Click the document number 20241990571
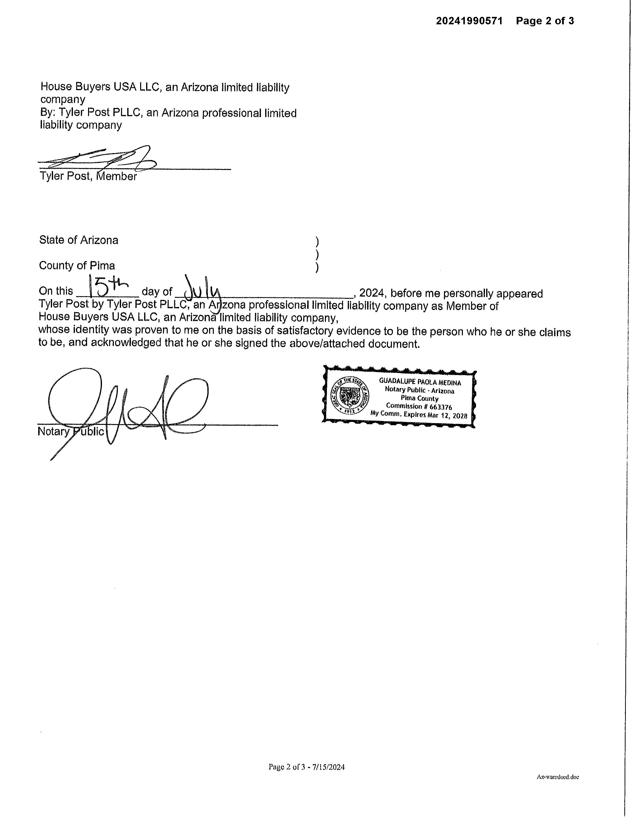coord(469,21)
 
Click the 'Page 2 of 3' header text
coord(545,21)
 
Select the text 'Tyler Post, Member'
coord(88,176)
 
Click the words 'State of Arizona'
coord(79,240)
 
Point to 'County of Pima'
coord(77,266)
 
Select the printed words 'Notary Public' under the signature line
coord(70,432)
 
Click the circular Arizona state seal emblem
coord(349,396)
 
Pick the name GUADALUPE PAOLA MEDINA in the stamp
coord(420,382)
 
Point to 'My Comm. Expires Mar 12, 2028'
coord(419,415)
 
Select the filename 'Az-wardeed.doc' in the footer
coord(558,777)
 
